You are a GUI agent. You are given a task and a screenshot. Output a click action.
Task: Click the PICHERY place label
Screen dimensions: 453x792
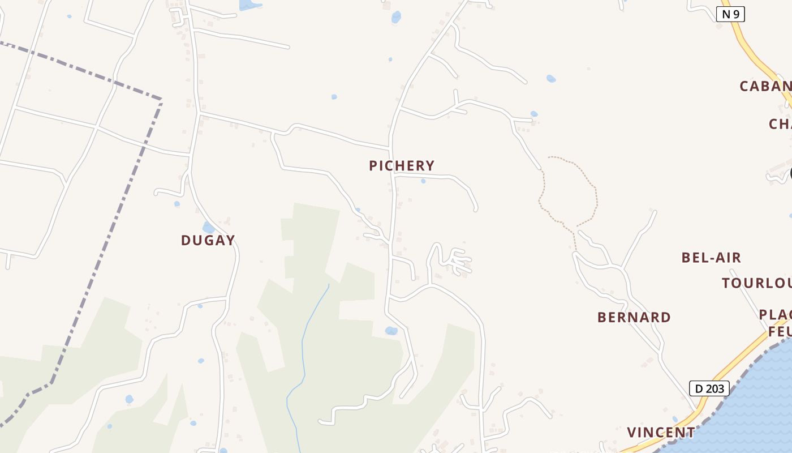[402, 166]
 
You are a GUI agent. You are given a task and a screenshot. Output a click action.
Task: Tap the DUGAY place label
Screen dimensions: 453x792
[208, 240]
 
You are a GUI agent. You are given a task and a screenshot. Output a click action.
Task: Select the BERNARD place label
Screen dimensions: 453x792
[634, 317]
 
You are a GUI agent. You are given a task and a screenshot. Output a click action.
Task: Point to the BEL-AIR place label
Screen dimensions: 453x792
[711, 258]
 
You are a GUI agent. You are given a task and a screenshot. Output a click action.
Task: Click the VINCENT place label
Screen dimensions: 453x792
[661, 433]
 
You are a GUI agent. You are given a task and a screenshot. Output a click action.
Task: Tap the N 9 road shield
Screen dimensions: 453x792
[730, 14]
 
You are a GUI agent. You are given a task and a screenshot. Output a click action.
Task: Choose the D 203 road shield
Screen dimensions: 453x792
[709, 388]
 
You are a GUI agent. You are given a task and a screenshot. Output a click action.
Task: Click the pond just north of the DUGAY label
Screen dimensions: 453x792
[208, 228]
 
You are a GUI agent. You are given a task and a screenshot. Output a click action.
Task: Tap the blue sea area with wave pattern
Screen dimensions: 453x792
[747, 408]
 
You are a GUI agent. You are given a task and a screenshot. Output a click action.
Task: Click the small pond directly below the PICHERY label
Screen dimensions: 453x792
[423, 181]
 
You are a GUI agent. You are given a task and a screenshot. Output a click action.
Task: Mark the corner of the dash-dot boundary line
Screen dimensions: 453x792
[161, 100]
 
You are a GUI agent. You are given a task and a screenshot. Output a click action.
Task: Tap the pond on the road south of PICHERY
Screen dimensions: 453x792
[391, 331]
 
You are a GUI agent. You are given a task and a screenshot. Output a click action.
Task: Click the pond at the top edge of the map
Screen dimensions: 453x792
[249, 5]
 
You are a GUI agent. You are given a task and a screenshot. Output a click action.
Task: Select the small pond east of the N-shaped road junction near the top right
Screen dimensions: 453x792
[551, 79]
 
